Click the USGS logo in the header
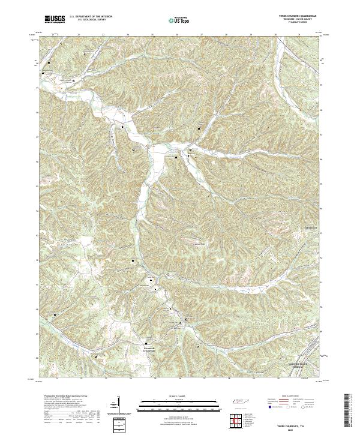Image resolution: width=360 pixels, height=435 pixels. pos(55,19)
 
